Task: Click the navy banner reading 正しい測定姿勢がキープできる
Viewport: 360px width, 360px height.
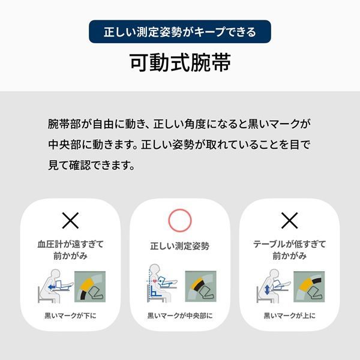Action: click(180, 31)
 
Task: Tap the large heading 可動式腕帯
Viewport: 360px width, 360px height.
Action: click(180, 62)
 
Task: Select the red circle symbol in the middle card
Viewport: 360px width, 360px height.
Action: click(180, 220)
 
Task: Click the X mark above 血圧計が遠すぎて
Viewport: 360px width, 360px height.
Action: click(70, 220)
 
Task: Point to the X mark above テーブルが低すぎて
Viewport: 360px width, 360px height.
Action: click(290, 220)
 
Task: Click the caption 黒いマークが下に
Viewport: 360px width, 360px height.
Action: click(70, 316)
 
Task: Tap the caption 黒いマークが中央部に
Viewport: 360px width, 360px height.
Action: click(180, 316)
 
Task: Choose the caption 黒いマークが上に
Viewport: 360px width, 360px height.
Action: click(290, 316)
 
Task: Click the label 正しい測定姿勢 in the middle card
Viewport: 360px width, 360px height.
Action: click(180, 246)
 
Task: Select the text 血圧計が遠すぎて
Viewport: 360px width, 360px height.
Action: click(70, 244)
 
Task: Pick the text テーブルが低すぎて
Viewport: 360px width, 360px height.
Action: click(290, 244)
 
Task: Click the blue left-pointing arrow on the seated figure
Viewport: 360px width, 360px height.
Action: click(52, 287)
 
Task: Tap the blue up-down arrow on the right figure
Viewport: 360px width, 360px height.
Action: click(267, 290)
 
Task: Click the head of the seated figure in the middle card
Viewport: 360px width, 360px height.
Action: click(154, 269)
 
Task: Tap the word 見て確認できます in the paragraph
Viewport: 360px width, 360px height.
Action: click(88, 165)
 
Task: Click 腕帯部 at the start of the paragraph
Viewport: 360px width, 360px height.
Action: click(64, 124)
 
